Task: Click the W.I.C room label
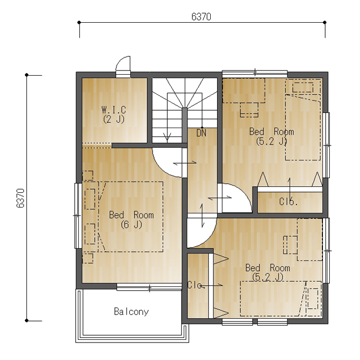coord(114,110)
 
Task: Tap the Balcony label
coord(131,311)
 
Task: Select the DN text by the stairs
coord(201,133)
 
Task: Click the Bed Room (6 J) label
coord(131,220)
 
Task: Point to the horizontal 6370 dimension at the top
coord(201,16)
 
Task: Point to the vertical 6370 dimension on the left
coord(21,198)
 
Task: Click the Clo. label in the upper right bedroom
coord(289,202)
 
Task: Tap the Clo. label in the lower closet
coord(195,285)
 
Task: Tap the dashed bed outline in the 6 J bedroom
coord(131,217)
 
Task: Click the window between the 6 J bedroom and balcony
coord(149,287)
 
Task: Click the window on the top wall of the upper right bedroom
coord(255,74)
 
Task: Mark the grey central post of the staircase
coord(184,125)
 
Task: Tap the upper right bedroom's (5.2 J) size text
coord(272,141)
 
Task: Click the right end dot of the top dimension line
coord(325,22)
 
